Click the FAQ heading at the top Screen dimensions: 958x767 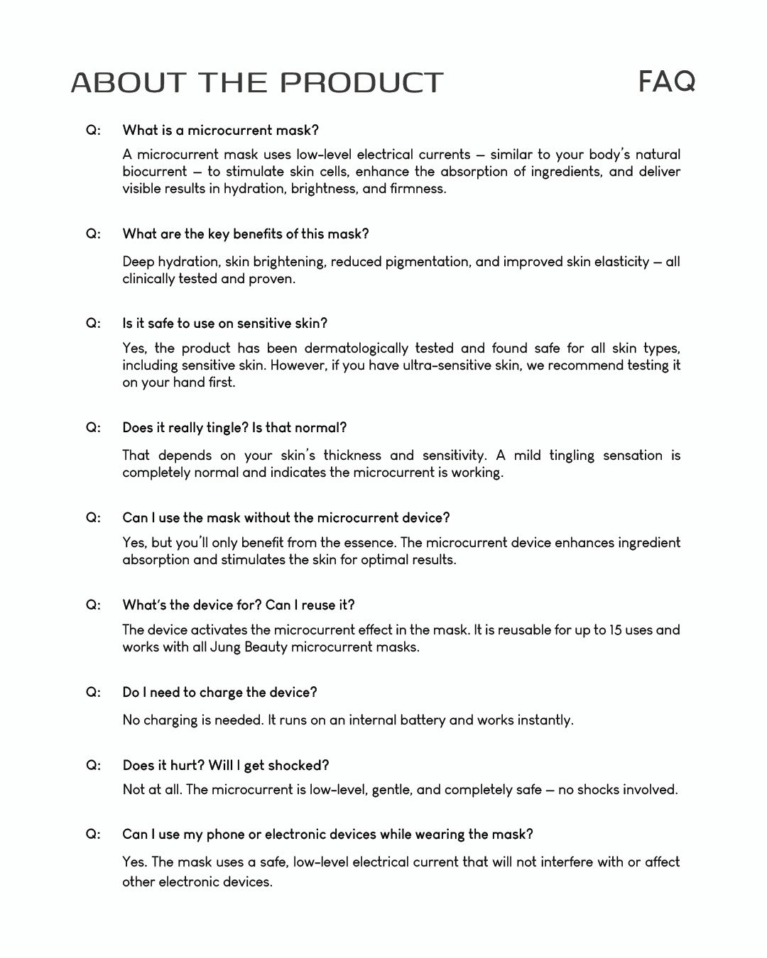(x=666, y=81)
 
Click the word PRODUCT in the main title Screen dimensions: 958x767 (x=362, y=82)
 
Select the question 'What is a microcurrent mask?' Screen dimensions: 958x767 (x=220, y=130)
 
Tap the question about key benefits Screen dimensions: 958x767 (x=245, y=233)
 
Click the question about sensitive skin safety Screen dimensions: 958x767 (x=224, y=323)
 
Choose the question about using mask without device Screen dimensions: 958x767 (x=285, y=517)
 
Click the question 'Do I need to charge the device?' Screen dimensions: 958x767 (x=219, y=692)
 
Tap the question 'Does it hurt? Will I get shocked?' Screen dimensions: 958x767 (x=225, y=765)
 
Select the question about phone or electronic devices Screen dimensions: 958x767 (x=327, y=834)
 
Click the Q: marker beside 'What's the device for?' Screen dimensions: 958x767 (x=93, y=605)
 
